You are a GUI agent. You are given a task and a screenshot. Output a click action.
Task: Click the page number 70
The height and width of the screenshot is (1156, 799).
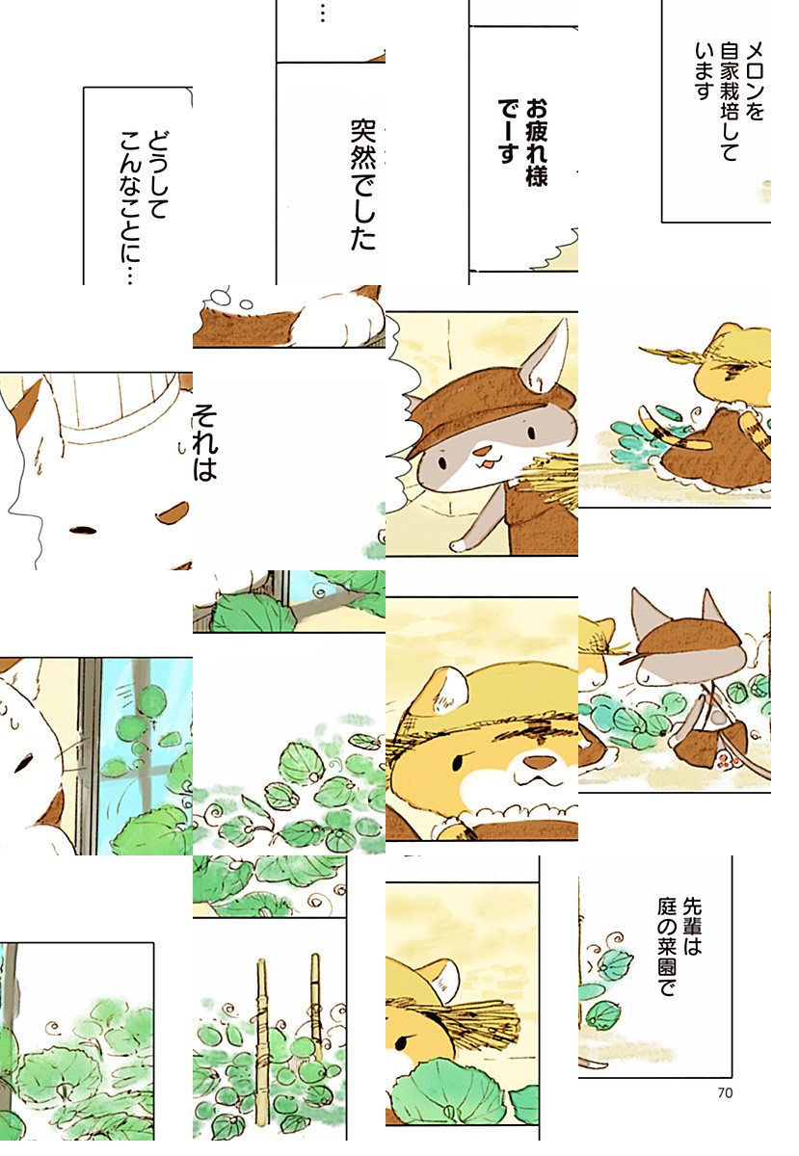[x=725, y=1092]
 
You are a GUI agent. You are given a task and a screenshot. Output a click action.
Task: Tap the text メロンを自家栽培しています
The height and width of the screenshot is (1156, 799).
[x=729, y=102]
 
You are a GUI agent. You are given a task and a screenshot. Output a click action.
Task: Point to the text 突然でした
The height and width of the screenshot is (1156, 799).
[x=363, y=185]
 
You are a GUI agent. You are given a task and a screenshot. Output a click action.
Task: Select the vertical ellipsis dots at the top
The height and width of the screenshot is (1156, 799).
[x=322, y=13]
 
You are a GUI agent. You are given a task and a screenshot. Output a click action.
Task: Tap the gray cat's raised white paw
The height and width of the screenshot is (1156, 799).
[x=458, y=545]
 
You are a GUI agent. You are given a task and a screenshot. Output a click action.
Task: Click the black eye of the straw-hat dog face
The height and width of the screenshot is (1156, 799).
[x=458, y=762]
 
